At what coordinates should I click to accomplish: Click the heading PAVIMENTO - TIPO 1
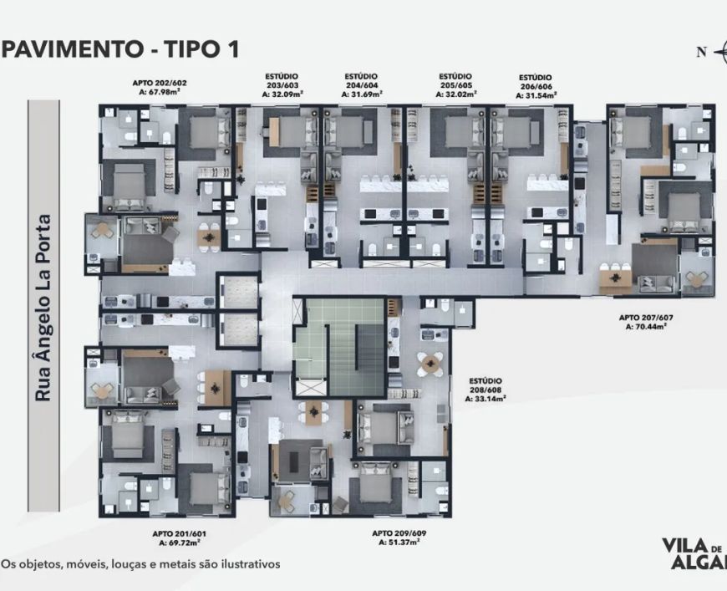tap(120, 49)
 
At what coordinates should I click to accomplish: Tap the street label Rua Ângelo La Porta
tap(43, 308)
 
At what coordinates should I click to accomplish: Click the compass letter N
tap(701, 52)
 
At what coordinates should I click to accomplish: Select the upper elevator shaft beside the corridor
tap(239, 293)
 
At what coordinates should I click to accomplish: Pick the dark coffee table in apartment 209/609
tap(294, 461)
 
